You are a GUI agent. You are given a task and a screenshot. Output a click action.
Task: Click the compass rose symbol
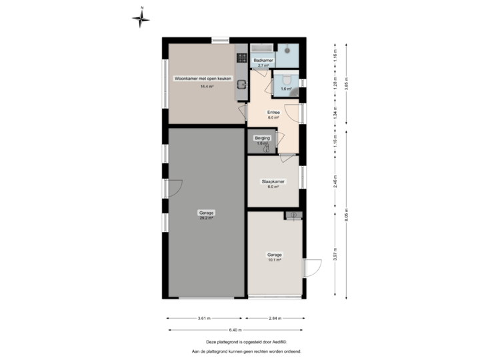pyautogui.click(x=141, y=18)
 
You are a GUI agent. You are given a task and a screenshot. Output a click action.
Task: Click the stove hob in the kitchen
pyautogui.click(x=241, y=59)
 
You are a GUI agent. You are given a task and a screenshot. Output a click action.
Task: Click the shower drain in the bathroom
pyautogui.click(x=287, y=50)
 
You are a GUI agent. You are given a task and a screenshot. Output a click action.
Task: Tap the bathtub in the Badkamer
pyautogui.click(x=261, y=49)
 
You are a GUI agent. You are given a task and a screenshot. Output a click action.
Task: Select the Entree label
pyautogui.click(x=273, y=112)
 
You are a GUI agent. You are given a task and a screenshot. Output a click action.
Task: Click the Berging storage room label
pyautogui.click(x=262, y=138)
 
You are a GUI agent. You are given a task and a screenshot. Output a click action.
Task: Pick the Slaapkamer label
pyautogui.click(x=273, y=181)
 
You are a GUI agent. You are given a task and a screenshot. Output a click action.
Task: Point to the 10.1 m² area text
pyautogui.click(x=275, y=261)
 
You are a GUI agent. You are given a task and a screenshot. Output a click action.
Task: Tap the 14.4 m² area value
pyautogui.click(x=207, y=86)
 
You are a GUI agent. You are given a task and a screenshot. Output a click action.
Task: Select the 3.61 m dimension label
pyautogui.click(x=204, y=319)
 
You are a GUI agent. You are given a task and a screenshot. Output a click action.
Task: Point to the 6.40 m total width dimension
pyautogui.click(x=235, y=330)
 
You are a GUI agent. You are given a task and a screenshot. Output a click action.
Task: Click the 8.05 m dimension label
pyautogui.click(x=345, y=213)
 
